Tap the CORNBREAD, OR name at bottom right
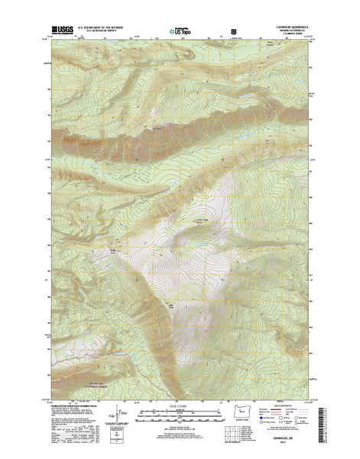point(288,438)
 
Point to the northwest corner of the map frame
point(51,39)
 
